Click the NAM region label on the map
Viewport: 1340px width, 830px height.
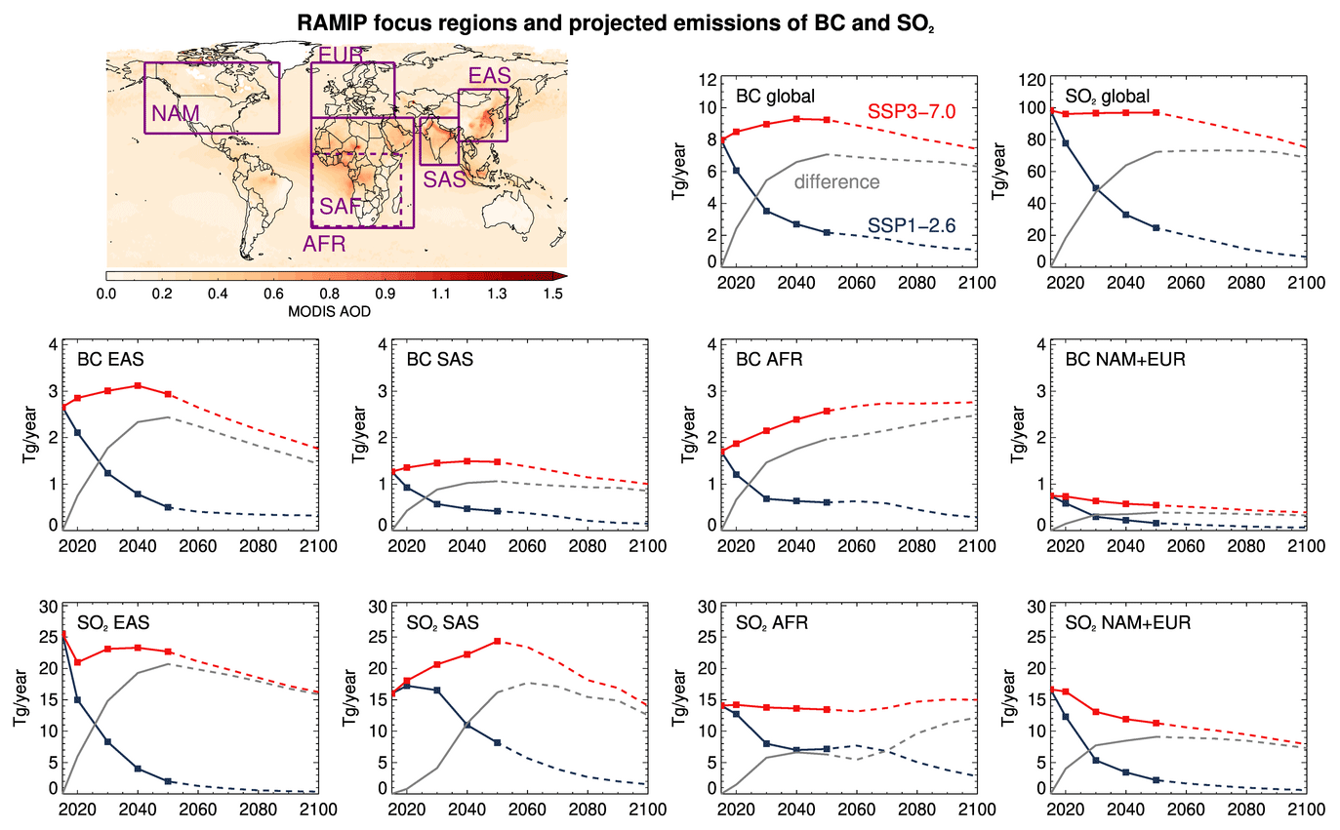175,114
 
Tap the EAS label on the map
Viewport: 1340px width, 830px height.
489,76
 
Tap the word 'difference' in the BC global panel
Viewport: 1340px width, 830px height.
837,181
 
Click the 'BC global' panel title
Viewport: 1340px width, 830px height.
776,97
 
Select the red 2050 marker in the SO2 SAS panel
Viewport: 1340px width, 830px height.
498,641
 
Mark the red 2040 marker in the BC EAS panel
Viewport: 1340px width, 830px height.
138,385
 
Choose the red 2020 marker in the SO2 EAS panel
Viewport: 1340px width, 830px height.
77,662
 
